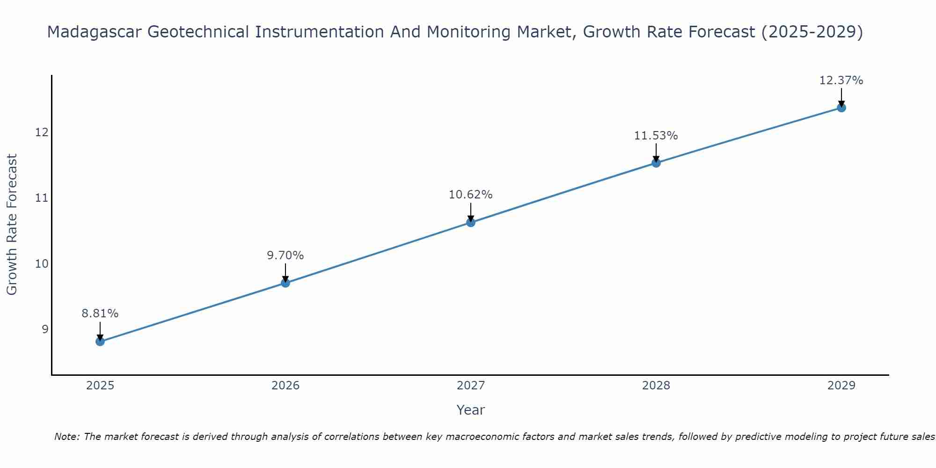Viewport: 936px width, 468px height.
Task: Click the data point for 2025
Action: [100, 342]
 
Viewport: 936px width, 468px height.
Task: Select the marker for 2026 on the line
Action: [285, 283]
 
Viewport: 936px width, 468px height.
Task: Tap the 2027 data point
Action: [471, 222]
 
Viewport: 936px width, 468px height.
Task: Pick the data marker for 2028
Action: [656, 163]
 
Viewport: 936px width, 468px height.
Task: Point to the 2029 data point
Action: [841, 108]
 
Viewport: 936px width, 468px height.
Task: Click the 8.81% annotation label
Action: [100, 314]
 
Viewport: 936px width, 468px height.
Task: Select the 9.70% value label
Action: [285, 256]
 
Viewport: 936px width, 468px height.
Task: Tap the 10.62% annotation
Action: [471, 195]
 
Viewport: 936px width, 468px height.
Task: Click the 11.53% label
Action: [656, 136]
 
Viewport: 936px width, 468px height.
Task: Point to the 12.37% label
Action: [841, 80]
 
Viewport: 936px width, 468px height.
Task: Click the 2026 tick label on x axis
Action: [285, 386]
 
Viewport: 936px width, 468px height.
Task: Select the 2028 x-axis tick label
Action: [656, 386]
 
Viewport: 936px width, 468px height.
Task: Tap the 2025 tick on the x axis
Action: [100, 386]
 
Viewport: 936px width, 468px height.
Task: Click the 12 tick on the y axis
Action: [42, 132]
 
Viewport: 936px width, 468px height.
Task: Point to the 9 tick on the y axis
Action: [45, 329]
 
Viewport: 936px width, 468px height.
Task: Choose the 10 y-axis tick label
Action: [42, 264]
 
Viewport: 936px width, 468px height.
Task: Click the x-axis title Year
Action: [471, 410]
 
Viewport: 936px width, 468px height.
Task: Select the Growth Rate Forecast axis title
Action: [12, 225]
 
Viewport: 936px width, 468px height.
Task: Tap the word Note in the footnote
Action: [67, 437]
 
